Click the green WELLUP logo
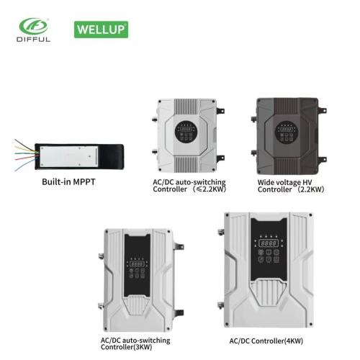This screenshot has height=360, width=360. tap(101, 30)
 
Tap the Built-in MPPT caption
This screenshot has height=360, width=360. tap(68, 181)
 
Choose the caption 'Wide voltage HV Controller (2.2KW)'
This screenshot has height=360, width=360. tap(291, 186)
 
